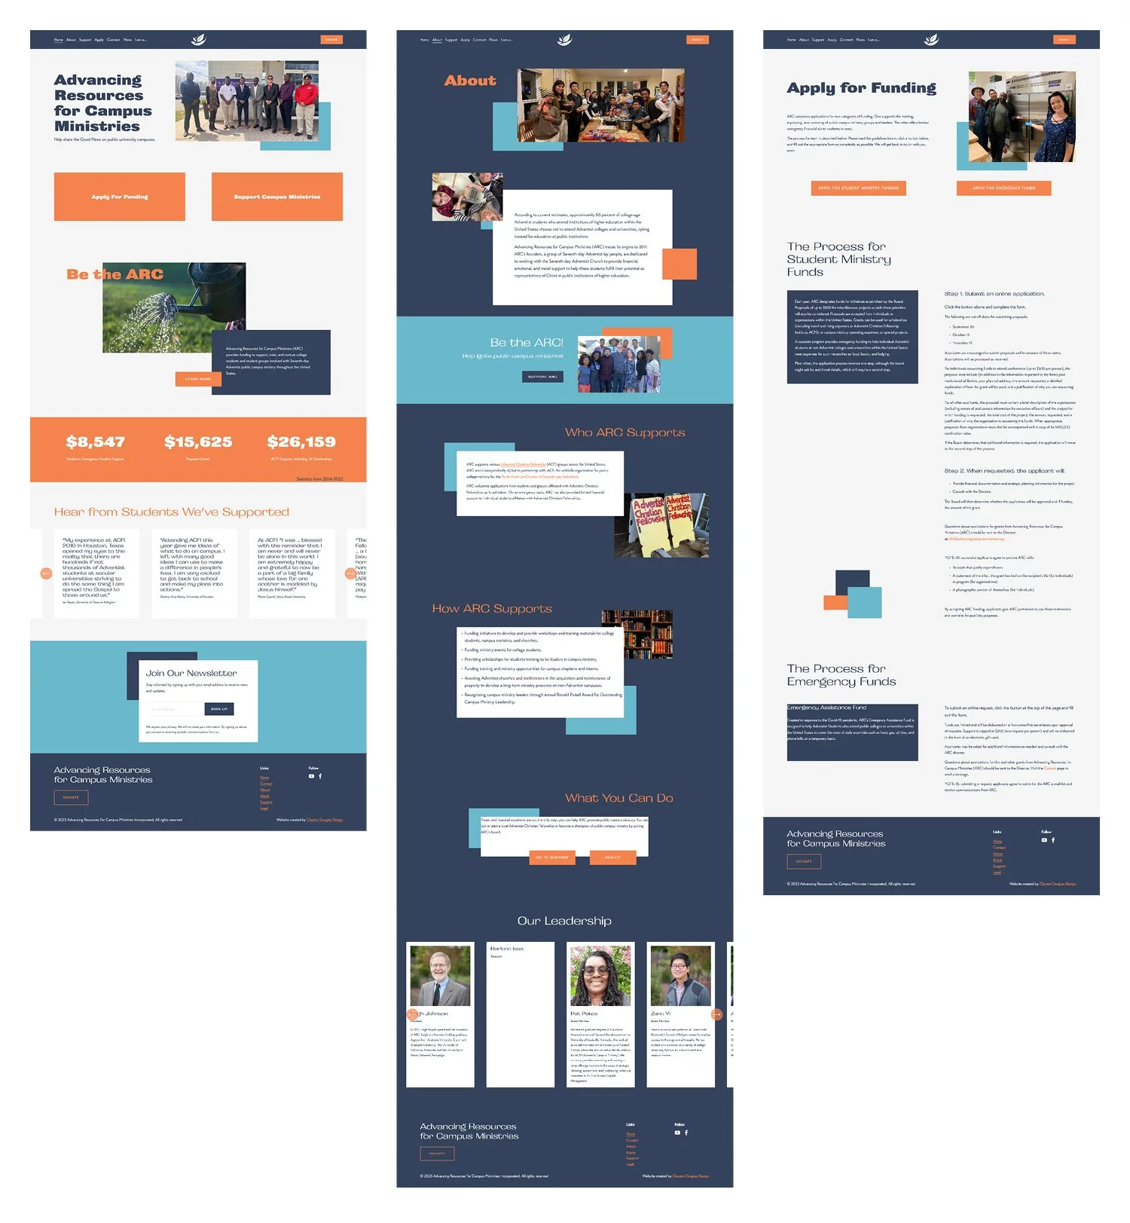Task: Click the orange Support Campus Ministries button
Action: click(x=276, y=197)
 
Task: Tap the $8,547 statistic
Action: click(x=96, y=442)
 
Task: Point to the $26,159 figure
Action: click(x=301, y=442)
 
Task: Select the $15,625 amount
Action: click(x=198, y=442)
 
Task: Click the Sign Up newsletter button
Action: click(x=219, y=708)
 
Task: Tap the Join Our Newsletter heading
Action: click(x=191, y=673)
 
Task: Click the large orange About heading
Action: click(x=470, y=81)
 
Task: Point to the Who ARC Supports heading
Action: click(x=625, y=433)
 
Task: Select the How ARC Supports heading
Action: click(x=492, y=609)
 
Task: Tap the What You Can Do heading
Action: click(x=619, y=798)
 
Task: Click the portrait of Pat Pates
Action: click(x=600, y=976)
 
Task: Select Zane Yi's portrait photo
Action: click(x=680, y=976)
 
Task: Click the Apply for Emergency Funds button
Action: click(x=1003, y=188)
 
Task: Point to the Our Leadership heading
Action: click(x=564, y=921)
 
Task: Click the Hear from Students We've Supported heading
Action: click(x=172, y=512)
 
